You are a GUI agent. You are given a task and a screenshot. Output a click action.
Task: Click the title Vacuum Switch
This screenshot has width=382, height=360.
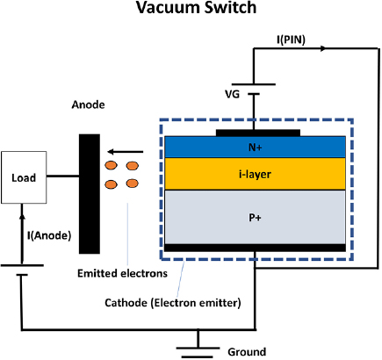[191, 11]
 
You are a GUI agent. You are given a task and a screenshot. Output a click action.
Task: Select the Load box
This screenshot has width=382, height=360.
[24, 176]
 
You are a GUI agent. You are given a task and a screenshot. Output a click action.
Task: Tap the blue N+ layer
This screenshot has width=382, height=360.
[256, 147]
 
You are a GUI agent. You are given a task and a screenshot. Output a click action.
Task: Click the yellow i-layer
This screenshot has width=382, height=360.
[256, 174]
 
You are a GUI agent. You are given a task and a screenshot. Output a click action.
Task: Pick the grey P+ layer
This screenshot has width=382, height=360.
[256, 217]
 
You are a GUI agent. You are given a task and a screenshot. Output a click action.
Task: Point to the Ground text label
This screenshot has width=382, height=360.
[247, 351]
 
